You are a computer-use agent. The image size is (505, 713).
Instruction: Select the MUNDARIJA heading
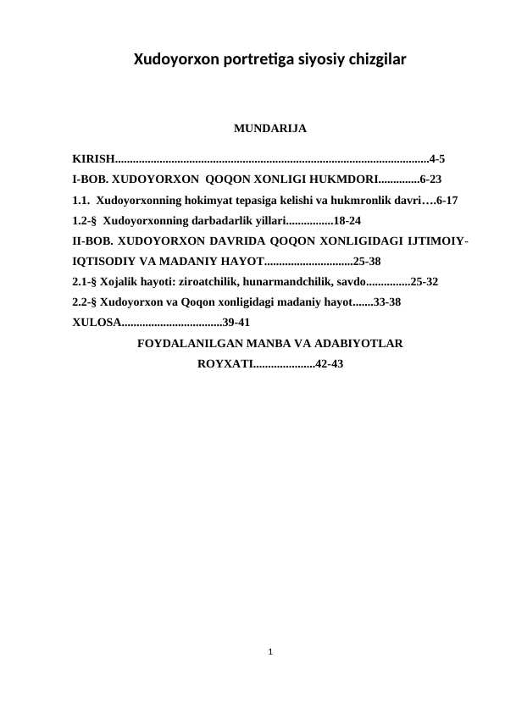click(x=269, y=130)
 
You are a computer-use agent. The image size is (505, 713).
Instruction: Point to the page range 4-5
click(x=439, y=158)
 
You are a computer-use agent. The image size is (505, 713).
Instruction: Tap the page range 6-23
click(x=430, y=180)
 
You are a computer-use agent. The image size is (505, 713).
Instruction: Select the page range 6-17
click(x=447, y=201)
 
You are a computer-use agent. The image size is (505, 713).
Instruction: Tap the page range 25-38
click(x=366, y=262)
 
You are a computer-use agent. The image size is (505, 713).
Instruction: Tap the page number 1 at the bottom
click(x=269, y=652)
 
